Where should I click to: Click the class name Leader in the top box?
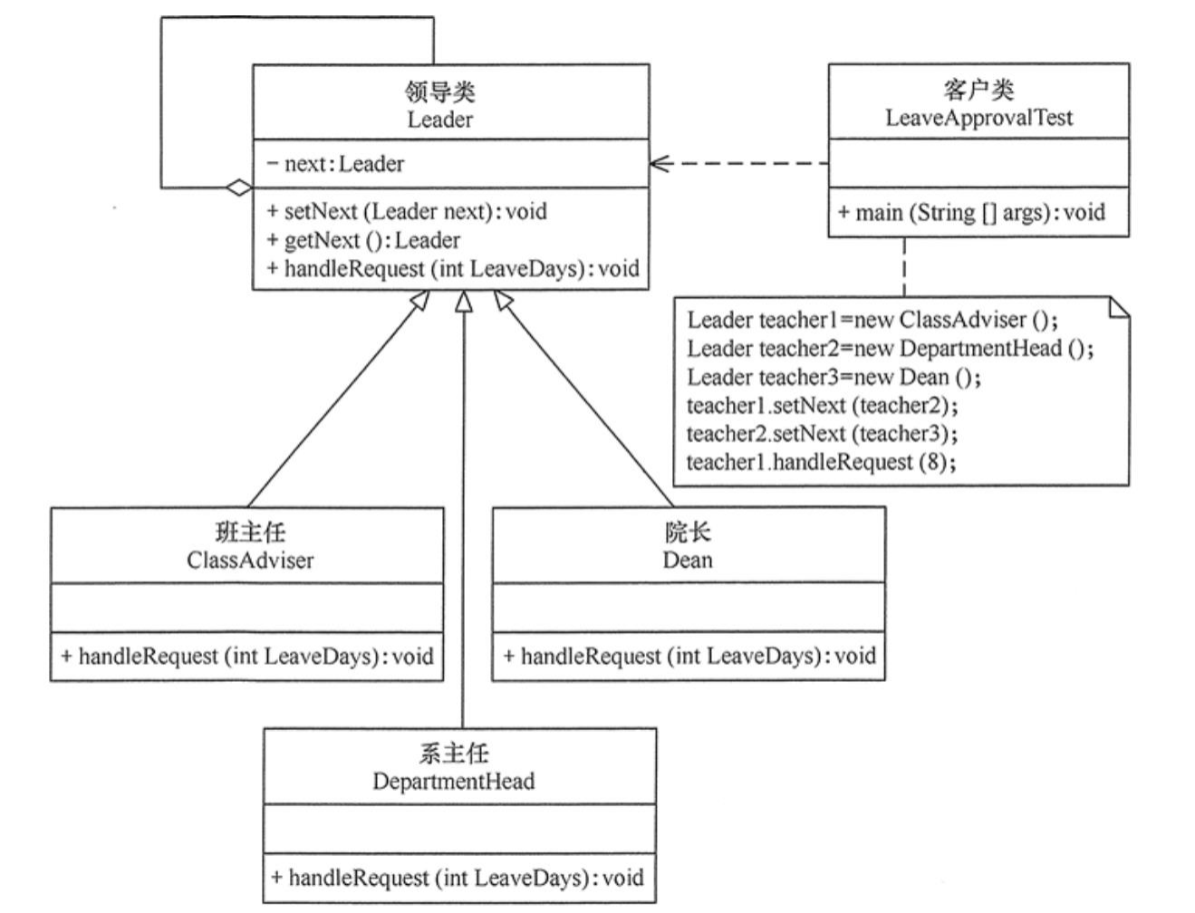point(439,120)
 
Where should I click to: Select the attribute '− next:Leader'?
point(336,164)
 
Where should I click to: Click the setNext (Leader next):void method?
point(407,212)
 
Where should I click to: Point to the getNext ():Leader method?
point(363,240)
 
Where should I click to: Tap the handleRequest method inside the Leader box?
point(453,269)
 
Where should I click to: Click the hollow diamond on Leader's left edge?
point(240,187)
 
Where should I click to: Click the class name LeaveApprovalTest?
point(978,118)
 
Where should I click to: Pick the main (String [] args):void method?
point(971,213)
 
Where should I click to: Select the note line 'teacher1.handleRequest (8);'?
point(821,462)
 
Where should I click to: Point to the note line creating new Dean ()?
point(834,377)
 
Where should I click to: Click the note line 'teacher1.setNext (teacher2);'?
point(822,405)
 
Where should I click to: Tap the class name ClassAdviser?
point(250,560)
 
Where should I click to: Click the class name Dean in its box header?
point(688,560)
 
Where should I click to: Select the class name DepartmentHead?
point(453,781)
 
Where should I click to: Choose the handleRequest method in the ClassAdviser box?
point(246,656)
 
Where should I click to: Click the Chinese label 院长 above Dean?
point(688,533)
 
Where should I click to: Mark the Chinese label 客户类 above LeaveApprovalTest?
point(978,91)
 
